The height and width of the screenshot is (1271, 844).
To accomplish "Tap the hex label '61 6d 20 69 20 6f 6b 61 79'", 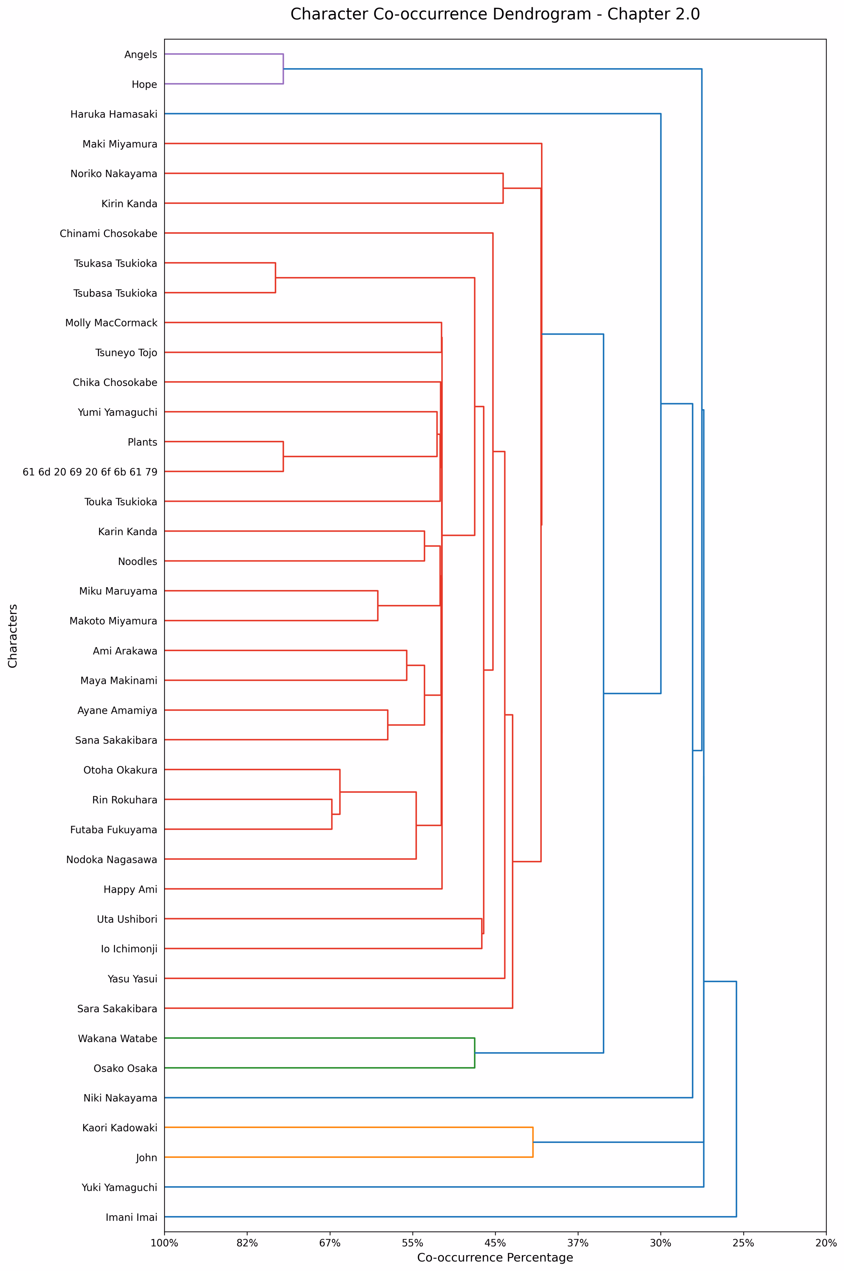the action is (90, 472).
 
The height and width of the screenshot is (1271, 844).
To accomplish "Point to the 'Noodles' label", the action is (137, 561).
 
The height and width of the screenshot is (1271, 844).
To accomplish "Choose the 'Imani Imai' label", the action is (131, 1217).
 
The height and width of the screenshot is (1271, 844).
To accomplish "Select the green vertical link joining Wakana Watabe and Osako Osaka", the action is (474, 1053).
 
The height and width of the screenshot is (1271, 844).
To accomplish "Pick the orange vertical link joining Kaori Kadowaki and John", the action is (533, 1142).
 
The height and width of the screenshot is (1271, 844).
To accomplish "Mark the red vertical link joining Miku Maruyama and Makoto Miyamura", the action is (378, 606).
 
